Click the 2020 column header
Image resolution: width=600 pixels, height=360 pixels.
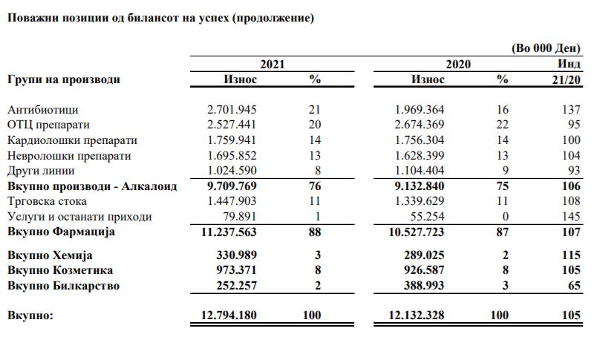458,65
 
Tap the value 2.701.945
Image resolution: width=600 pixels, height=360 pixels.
232,109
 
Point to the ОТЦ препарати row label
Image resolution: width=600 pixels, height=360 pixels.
53,125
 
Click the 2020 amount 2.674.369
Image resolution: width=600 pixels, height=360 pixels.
419,125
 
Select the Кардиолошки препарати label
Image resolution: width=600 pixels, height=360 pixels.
72,140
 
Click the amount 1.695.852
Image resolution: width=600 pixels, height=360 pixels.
232,156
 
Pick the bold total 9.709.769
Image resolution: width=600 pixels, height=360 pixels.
232,186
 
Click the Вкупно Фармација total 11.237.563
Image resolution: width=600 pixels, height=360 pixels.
229,232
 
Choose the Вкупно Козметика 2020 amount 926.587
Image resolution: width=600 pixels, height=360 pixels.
425,270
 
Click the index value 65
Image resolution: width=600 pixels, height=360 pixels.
573,286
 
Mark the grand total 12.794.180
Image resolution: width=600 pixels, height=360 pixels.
229,315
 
